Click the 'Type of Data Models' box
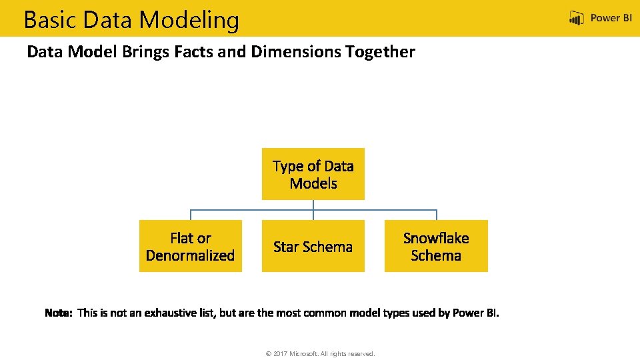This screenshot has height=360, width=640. click(x=313, y=174)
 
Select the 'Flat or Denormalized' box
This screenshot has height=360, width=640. click(x=191, y=246)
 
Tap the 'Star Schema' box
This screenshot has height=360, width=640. click(x=313, y=246)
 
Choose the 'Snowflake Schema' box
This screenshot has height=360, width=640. click(x=436, y=246)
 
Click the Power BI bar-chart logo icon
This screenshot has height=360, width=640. click(x=577, y=19)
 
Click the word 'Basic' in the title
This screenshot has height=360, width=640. click(x=50, y=20)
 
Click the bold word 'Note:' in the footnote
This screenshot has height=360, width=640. click(x=59, y=313)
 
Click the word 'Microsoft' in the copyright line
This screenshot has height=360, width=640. click(x=307, y=354)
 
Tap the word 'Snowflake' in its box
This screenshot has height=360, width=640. click(x=436, y=238)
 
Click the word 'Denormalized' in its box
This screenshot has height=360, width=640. click(x=191, y=255)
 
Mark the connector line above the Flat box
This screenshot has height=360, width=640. click(x=191, y=215)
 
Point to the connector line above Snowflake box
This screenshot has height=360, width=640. click(x=436, y=215)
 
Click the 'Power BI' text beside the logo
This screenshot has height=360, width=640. click(x=611, y=19)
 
